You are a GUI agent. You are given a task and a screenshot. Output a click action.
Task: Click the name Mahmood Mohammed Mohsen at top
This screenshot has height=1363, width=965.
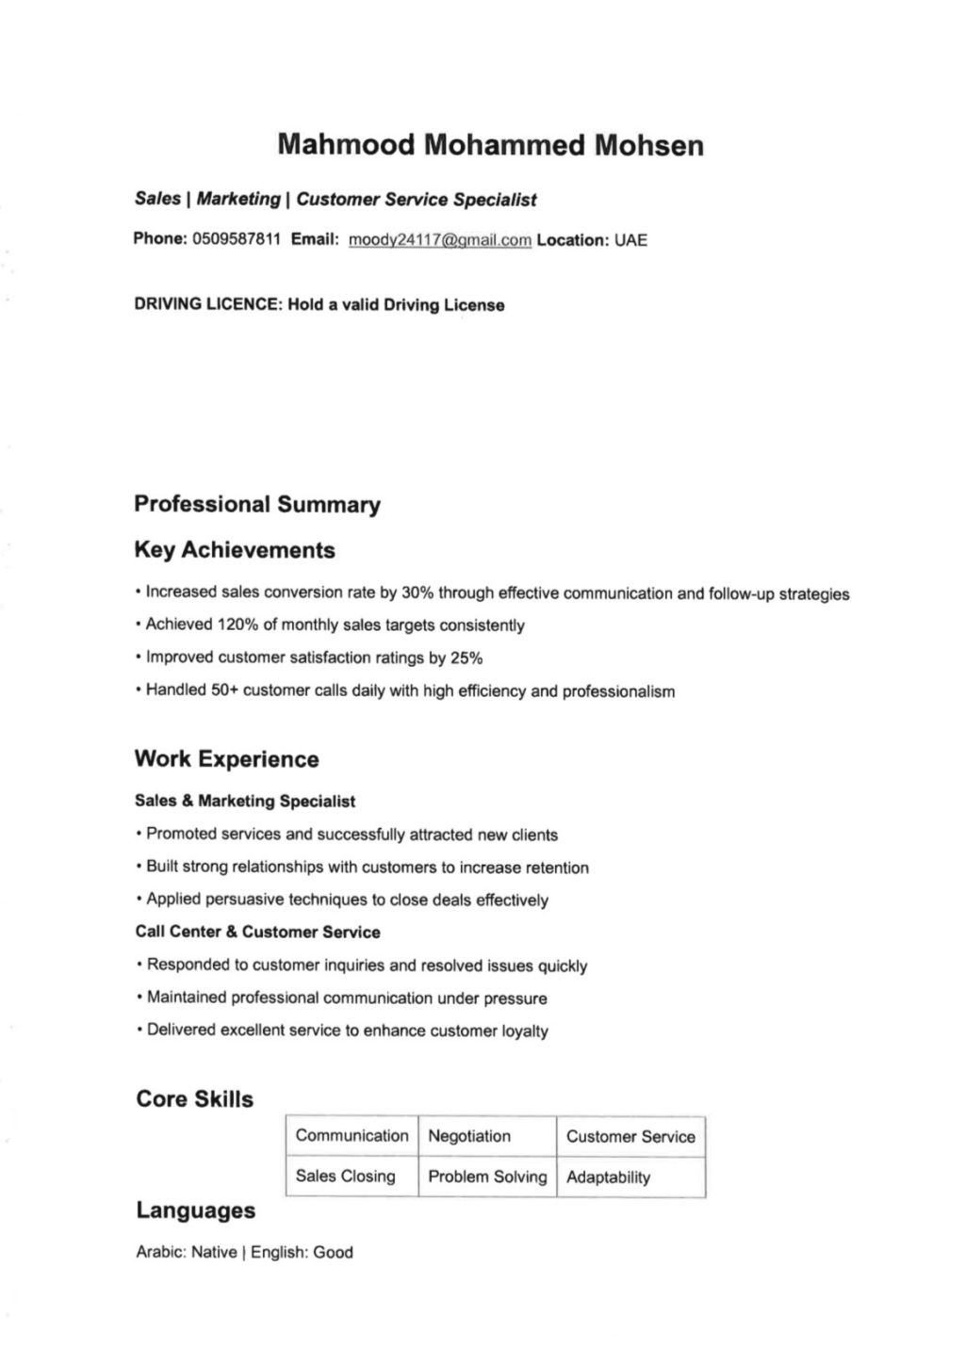490,146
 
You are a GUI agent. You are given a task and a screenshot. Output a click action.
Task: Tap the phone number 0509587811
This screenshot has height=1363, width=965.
237,239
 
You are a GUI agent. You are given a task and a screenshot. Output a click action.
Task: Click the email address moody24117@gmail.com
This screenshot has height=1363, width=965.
440,240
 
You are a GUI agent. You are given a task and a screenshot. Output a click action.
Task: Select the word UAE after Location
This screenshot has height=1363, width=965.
630,240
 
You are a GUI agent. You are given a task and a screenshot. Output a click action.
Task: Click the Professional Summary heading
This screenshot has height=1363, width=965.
257,505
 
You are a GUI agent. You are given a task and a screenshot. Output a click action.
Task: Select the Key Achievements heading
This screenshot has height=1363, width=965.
235,550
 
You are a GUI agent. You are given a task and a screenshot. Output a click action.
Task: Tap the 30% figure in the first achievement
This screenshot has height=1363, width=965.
417,593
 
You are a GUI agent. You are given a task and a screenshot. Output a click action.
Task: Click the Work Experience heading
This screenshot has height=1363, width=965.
226,759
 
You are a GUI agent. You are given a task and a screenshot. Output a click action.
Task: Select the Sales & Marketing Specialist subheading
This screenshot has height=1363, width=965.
245,802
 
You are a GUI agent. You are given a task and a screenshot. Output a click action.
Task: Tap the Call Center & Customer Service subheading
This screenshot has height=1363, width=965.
258,933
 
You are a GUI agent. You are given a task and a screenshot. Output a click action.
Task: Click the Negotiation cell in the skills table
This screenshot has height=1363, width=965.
469,1137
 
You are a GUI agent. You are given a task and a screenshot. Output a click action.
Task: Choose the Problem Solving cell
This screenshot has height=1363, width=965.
487,1177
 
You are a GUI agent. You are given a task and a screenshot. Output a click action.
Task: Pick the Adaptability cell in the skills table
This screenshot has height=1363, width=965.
608,1177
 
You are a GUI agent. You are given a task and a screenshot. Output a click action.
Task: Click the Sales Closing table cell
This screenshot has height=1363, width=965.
345,1176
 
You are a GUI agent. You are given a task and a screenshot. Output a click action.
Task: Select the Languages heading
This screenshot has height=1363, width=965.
195,1210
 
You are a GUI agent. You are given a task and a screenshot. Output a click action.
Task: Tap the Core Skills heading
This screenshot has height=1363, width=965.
194,1099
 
